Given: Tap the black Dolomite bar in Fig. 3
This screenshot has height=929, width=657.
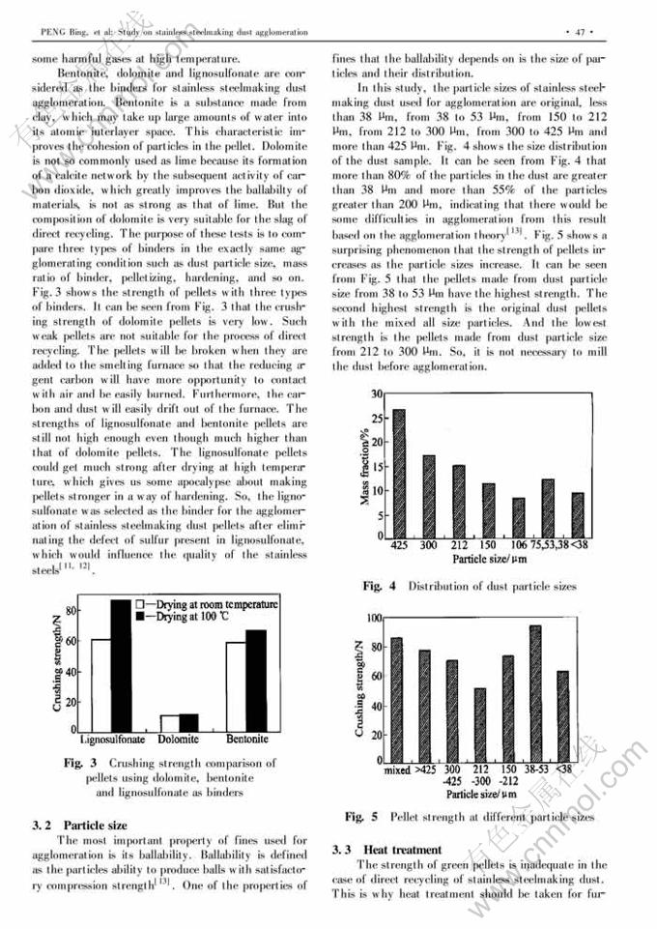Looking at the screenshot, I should [x=189, y=722].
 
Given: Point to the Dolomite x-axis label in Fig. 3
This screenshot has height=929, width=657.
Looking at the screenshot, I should [x=179, y=740].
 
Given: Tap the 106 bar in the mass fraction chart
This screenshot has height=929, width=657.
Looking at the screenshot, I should [x=519, y=517].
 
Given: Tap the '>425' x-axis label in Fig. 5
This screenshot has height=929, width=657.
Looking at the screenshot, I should [x=425, y=770].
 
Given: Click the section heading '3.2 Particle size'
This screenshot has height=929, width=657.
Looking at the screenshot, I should [x=80, y=826].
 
